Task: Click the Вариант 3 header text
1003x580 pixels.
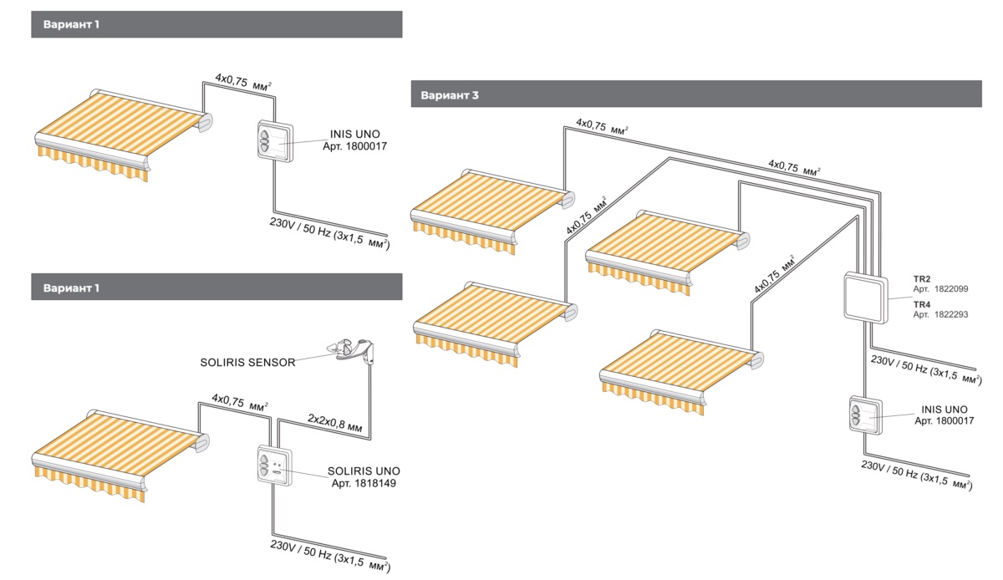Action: tap(450, 95)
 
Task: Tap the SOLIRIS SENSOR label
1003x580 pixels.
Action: tap(247, 362)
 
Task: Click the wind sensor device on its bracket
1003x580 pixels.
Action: tap(352, 351)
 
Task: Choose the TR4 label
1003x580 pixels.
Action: tap(921, 303)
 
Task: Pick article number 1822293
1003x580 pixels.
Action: tap(951, 315)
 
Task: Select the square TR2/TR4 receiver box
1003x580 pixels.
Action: tap(865, 296)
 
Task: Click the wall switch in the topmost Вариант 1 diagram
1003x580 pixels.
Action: tap(274, 140)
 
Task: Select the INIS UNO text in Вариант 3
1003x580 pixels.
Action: tap(944, 409)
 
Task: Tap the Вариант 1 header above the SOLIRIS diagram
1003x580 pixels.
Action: tap(71, 287)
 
